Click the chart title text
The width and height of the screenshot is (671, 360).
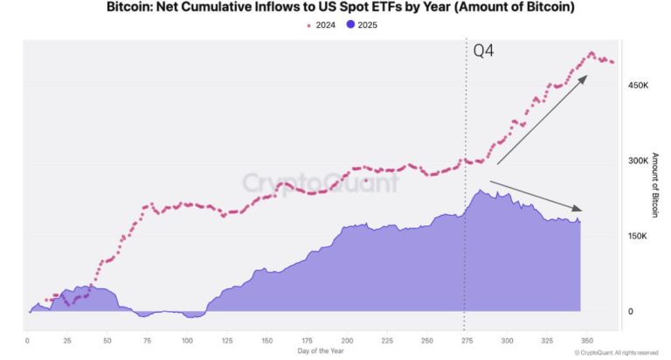pos(335,8)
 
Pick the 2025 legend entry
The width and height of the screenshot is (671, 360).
pos(361,24)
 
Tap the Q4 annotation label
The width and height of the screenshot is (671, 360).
pos(483,51)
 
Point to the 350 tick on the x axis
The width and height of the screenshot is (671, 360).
pos(585,339)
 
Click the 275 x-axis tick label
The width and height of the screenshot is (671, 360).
pos(465,339)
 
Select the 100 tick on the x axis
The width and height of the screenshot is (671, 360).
pos(187,339)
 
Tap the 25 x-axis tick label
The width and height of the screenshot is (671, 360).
pos(67,339)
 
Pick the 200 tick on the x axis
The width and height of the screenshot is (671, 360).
pos(347,339)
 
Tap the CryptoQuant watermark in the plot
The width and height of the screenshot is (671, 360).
pos(320,183)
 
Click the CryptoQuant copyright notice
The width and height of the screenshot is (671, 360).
pos(611,352)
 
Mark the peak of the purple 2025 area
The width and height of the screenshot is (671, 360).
pos(479,190)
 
